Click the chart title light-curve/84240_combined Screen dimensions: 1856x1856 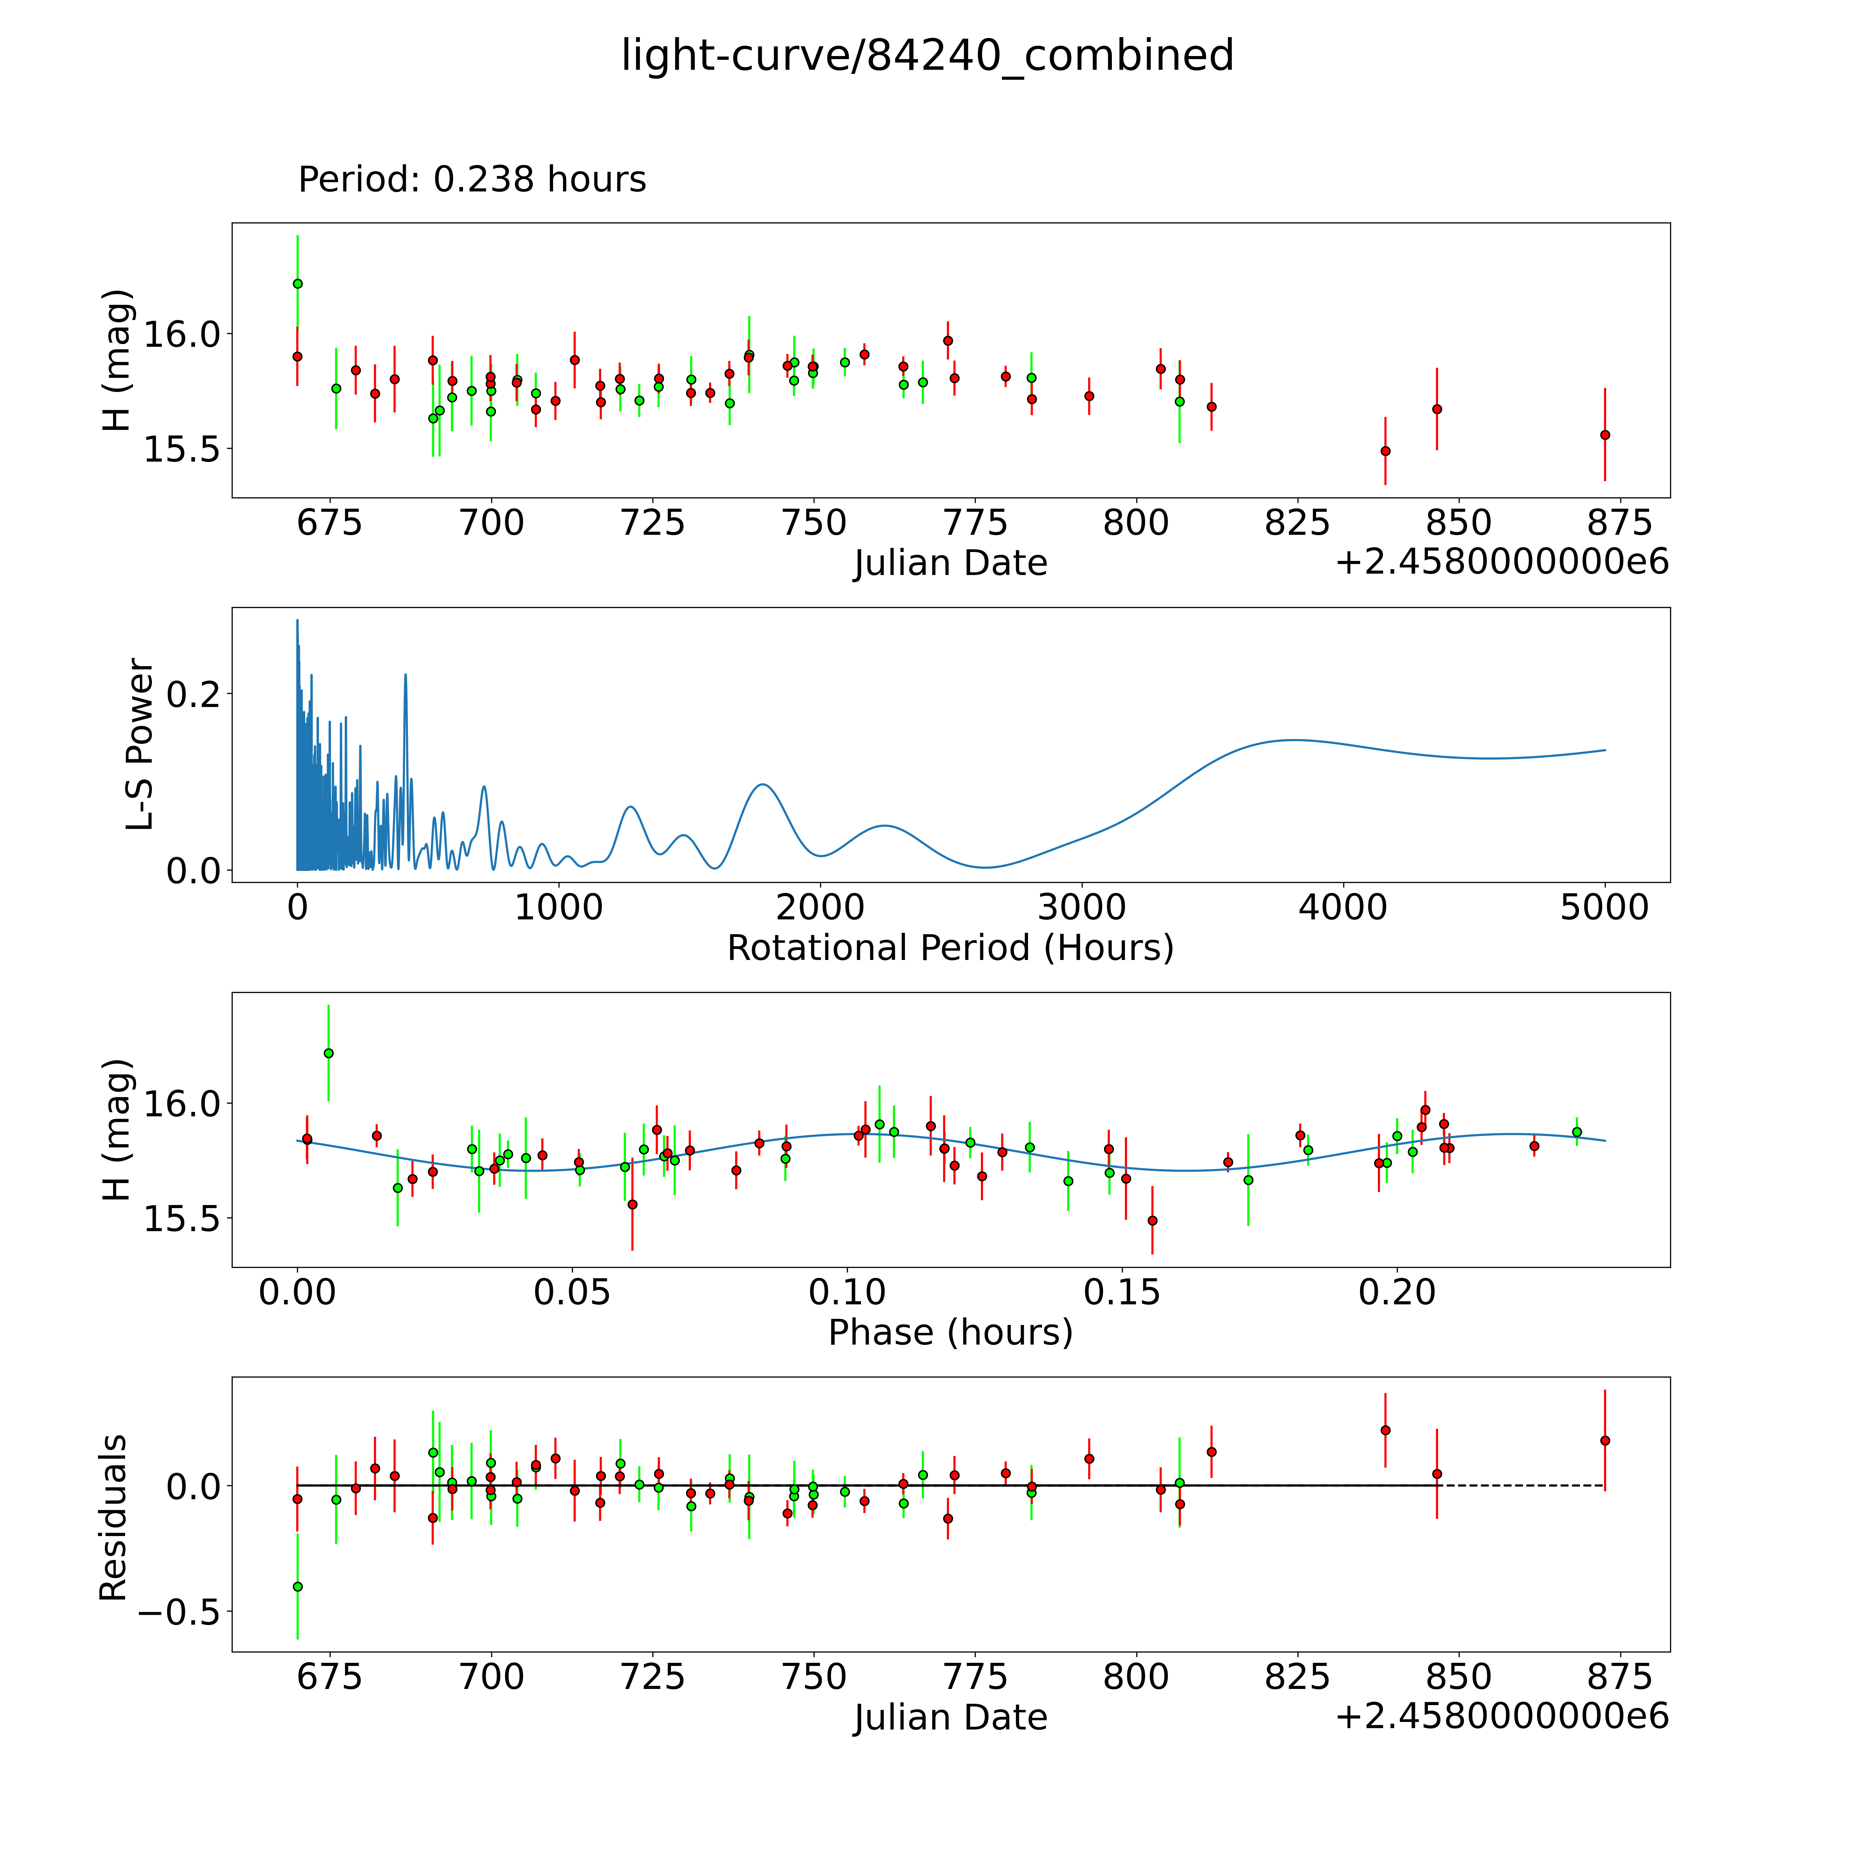tap(927, 56)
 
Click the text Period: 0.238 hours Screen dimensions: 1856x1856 tap(472, 180)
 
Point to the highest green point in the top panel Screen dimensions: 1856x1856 tap(298, 284)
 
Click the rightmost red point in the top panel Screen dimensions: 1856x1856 tap(1604, 434)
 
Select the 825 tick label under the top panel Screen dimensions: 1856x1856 tap(1297, 523)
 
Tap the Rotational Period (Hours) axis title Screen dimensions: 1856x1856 tap(950, 948)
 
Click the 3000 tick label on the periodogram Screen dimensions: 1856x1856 tap(1082, 908)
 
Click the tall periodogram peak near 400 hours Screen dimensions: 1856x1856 tap(406, 675)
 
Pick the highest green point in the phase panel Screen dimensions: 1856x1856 tap(329, 1053)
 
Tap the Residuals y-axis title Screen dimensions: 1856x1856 tap(113, 1518)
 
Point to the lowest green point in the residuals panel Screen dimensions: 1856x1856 tap(298, 1586)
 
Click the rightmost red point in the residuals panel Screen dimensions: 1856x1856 tap(1604, 1440)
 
